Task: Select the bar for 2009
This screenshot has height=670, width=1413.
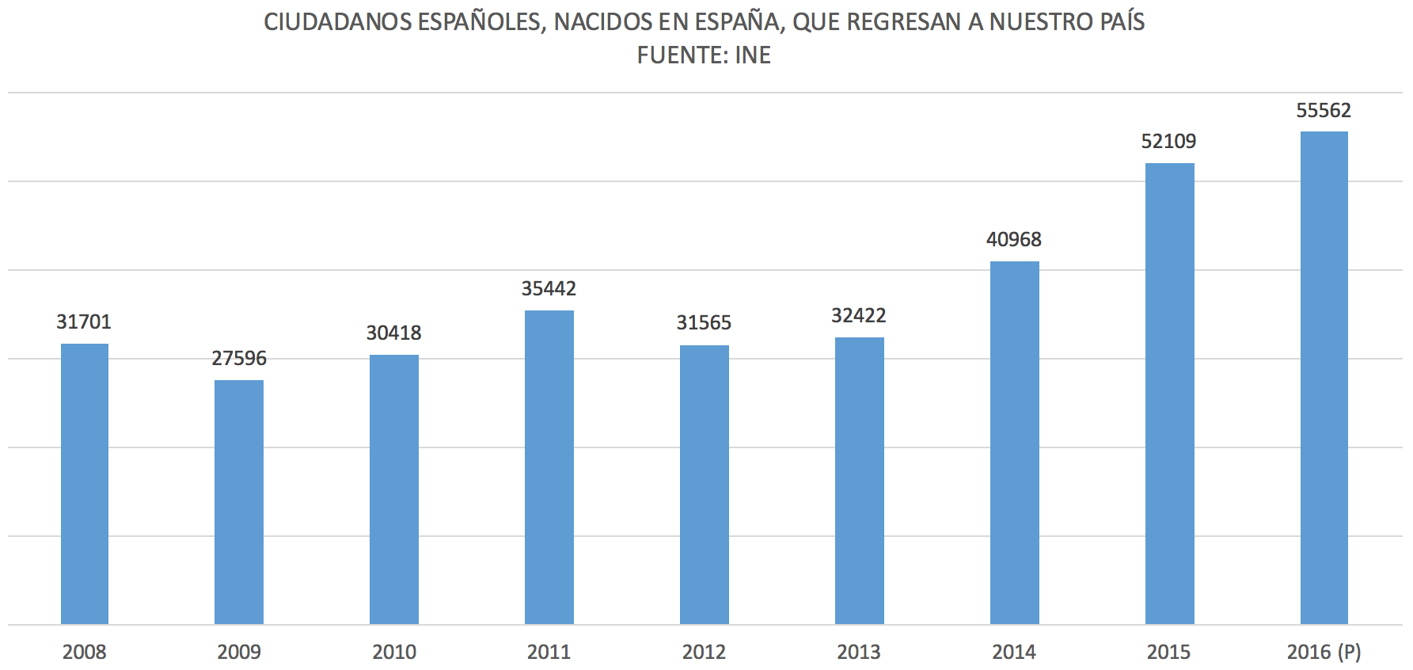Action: coord(239,502)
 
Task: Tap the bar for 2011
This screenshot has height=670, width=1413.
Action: coord(549,467)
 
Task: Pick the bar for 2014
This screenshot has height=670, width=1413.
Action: coord(1014,443)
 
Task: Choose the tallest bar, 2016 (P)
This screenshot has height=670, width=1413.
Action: coord(1324,378)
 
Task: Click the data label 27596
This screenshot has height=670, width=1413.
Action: coord(239,359)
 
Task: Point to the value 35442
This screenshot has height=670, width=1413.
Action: coord(549,289)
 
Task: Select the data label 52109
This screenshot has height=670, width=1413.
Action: coord(1168,142)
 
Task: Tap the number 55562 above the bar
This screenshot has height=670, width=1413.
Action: coord(1324,111)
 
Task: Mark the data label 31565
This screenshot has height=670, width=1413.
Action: coord(704,323)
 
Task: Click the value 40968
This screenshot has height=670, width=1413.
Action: coord(1013,240)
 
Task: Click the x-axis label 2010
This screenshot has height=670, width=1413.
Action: coord(394,652)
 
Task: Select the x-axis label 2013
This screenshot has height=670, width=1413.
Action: coord(859,652)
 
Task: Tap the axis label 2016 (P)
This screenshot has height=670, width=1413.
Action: coord(1324,652)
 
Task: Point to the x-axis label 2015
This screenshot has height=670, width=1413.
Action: coord(1168,652)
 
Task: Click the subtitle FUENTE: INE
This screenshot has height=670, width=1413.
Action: coord(704,55)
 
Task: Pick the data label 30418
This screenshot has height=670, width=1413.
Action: coord(393,333)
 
